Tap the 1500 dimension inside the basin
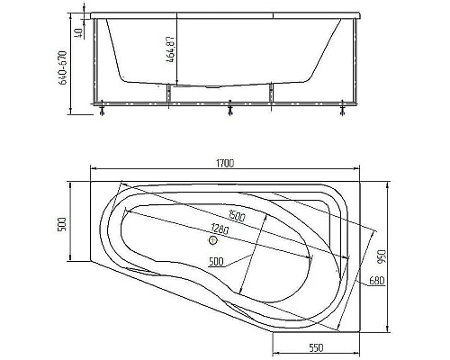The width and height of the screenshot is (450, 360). pyautogui.click(x=238, y=215)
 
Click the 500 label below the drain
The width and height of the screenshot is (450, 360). pyautogui.click(x=215, y=261)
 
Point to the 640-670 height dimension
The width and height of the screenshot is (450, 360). pyautogui.click(x=62, y=66)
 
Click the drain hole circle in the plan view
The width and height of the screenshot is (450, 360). pyautogui.click(x=213, y=240)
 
